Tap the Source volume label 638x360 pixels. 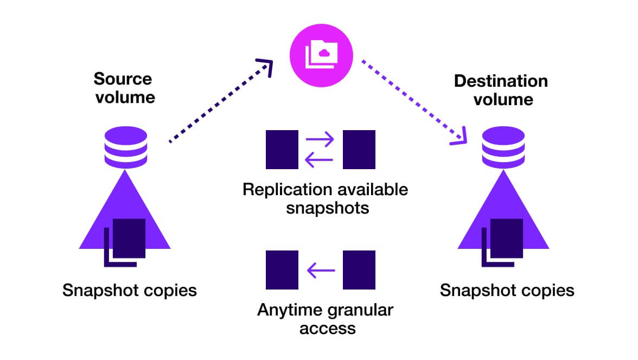[124, 88]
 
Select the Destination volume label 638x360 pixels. [501, 90]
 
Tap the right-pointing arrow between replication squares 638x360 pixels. [320, 140]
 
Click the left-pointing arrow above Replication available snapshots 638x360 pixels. [320, 158]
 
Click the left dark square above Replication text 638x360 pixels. [282, 149]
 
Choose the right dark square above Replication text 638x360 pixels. [359, 149]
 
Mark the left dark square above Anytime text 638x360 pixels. [282, 269]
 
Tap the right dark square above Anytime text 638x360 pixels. [359, 269]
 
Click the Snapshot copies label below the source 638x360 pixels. [129, 290]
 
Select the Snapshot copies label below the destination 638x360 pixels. [507, 290]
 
